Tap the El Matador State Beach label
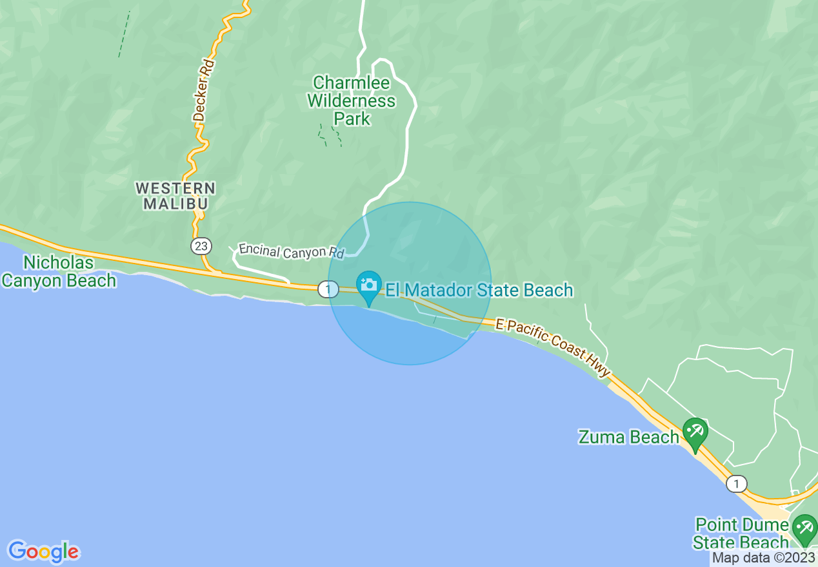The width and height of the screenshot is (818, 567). click(479, 291)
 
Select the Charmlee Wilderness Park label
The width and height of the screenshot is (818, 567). click(352, 101)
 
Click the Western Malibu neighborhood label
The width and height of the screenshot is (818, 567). click(175, 196)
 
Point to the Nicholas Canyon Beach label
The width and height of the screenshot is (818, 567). click(59, 272)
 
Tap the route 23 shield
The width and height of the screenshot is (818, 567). click(199, 245)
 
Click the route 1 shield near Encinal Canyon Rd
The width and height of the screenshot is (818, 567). click(328, 289)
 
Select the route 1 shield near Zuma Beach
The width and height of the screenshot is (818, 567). click(736, 483)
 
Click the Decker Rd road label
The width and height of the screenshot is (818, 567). click(203, 91)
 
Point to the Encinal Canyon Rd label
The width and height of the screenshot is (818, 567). click(291, 251)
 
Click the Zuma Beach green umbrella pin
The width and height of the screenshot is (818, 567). click(695, 432)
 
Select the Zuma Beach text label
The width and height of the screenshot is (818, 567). click(628, 437)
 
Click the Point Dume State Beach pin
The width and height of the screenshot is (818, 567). click(804, 528)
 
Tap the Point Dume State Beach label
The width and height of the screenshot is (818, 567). click(741, 533)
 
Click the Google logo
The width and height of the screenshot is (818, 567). click(43, 552)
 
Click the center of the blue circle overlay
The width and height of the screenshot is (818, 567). click(410, 283)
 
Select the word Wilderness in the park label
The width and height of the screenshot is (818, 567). click(352, 101)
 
